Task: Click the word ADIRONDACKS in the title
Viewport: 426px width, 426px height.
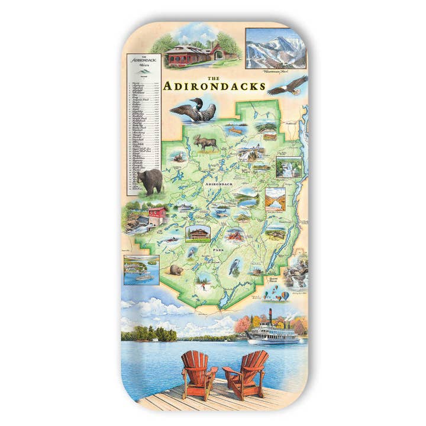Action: (x=214, y=85)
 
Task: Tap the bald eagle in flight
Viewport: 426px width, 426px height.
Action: (x=287, y=85)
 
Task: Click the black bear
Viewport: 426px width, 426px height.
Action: (x=150, y=181)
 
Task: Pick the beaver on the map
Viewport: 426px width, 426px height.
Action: (x=176, y=271)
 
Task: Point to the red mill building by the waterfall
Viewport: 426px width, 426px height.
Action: (x=156, y=212)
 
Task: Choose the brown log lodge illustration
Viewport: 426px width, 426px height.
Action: (x=198, y=233)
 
